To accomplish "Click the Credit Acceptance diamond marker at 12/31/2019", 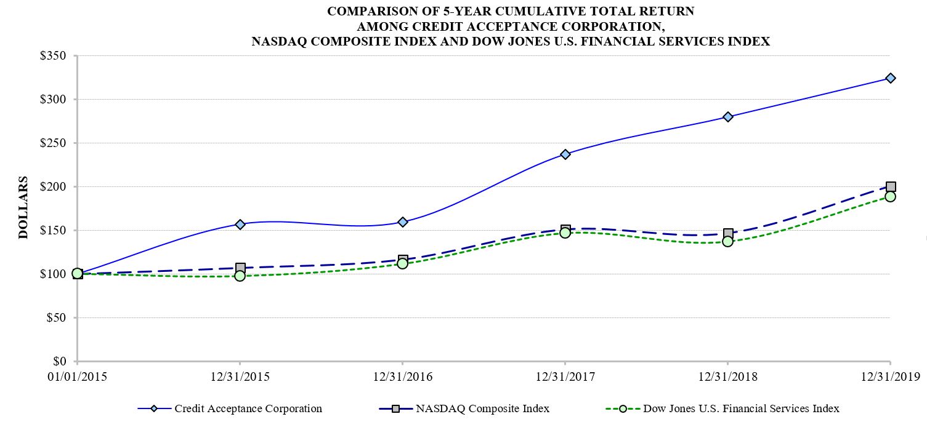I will (x=890, y=78).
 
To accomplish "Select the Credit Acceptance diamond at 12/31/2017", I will (x=565, y=154).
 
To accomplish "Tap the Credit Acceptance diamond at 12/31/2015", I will (x=240, y=224).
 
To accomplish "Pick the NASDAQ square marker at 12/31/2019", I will (x=890, y=186).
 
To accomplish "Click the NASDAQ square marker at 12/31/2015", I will (x=240, y=268).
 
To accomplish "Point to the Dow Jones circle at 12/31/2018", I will (x=727, y=241).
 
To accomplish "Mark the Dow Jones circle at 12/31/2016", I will (x=402, y=263).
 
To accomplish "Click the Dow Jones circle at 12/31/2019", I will (x=890, y=196).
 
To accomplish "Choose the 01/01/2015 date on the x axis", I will (x=77, y=376).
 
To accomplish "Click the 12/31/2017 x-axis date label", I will (x=565, y=376).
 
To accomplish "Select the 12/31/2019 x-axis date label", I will (x=890, y=376).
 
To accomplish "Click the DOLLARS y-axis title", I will (x=23, y=207).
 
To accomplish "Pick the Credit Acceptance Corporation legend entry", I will (x=248, y=408).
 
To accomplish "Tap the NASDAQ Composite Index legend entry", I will (x=482, y=408).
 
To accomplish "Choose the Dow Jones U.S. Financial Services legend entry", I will (x=741, y=408).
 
